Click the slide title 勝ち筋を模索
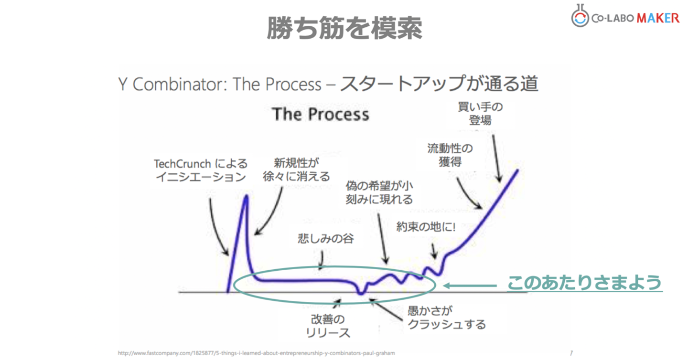point(344,28)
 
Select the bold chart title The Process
point(321,115)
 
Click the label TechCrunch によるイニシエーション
point(201,170)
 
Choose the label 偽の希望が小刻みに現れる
point(379,192)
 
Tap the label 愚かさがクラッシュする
point(446,318)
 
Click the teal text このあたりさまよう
point(584,283)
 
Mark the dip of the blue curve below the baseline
point(362,293)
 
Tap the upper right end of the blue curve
point(517,171)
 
